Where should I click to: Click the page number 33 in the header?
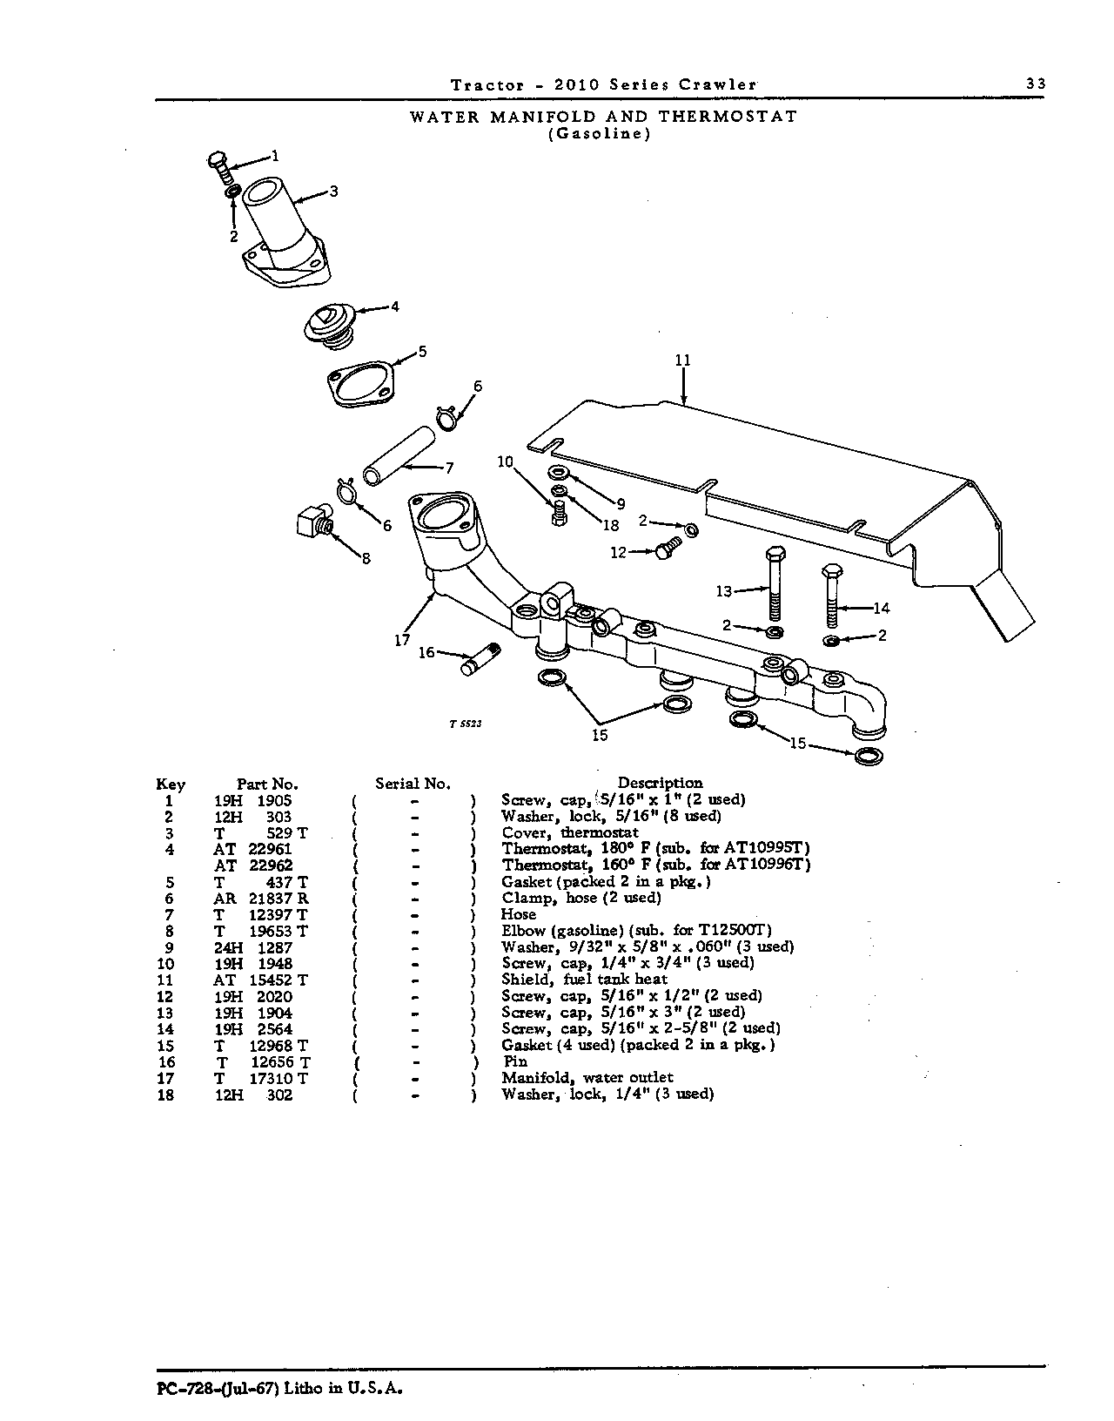pos(1036,84)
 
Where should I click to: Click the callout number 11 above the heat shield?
pos(683,360)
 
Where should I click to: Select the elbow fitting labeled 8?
pos(314,522)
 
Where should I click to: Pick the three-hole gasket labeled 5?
pos(360,387)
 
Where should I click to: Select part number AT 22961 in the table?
pos(252,849)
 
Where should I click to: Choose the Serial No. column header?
pos(413,784)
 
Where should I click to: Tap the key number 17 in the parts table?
pos(166,1078)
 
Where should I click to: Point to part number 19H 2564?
pos(253,1028)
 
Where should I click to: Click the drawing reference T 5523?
pos(466,724)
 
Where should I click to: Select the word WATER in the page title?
pos(444,117)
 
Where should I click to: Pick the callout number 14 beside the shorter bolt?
pos(882,608)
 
